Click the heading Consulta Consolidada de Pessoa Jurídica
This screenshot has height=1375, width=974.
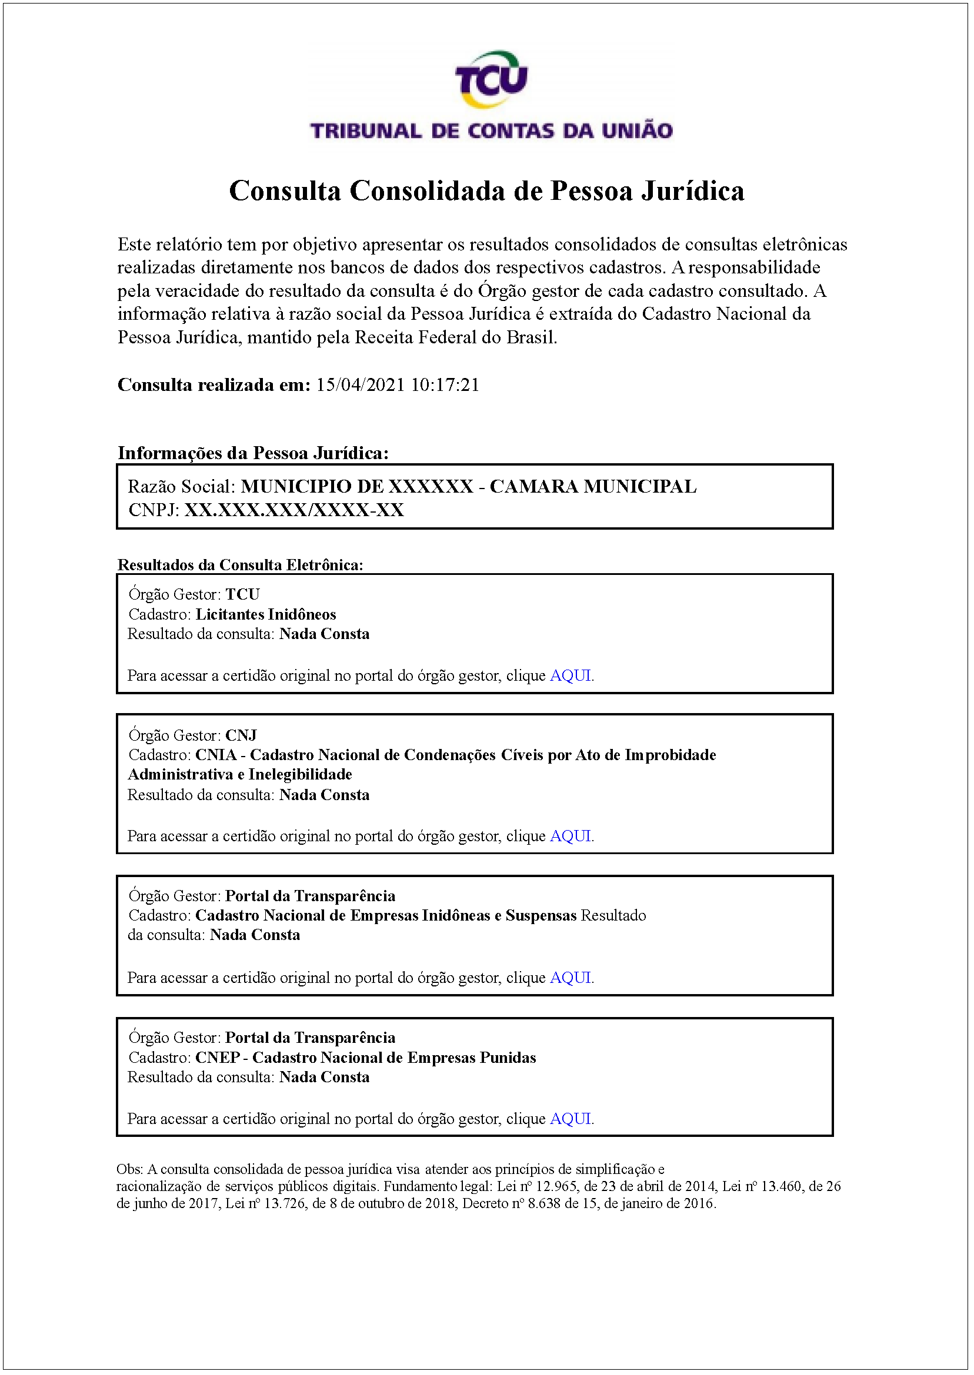tap(486, 190)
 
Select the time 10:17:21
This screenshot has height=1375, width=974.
tap(445, 385)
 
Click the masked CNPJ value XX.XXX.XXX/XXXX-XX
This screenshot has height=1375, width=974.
tap(294, 510)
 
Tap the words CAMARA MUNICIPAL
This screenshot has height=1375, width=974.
tap(592, 486)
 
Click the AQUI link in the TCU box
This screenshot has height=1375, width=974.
tap(571, 675)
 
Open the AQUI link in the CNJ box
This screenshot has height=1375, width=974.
tap(571, 836)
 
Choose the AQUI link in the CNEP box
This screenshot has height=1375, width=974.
tap(571, 1119)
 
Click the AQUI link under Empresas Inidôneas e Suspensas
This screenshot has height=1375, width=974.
tap(571, 978)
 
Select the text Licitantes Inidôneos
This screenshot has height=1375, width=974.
tap(266, 614)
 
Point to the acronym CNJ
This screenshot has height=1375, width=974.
tap(241, 735)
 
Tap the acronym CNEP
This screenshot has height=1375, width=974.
tap(217, 1058)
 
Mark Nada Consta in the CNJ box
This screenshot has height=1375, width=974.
tap(324, 795)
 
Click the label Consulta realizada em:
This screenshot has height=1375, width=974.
tap(214, 385)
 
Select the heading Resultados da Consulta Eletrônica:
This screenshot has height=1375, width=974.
tap(240, 565)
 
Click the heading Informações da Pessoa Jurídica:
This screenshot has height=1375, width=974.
tap(252, 453)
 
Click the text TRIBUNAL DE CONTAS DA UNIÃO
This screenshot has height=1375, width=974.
tap(491, 131)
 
